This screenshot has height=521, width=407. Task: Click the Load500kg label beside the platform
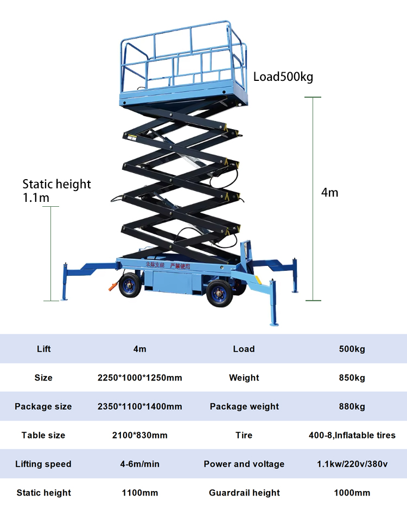click(x=283, y=77)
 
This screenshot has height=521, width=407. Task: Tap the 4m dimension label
click(x=329, y=192)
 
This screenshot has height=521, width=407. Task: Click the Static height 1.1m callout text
click(x=56, y=190)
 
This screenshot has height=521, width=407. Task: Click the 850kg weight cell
click(x=352, y=378)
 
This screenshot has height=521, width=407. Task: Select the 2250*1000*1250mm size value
click(x=139, y=378)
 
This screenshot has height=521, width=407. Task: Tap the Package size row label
click(x=43, y=406)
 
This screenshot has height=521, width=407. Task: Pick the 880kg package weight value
click(x=352, y=406)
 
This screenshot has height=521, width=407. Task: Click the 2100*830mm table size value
click(x=139, y=435)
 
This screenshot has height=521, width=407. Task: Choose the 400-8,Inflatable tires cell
click(x=352, y=435)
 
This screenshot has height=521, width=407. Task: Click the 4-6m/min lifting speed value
click(x=139, y=464)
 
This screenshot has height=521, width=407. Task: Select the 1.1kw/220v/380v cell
click(x=352, y=464)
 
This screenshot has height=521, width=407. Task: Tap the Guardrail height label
click(x=244, y=493)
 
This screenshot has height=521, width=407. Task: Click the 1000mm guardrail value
click(x=352, y=493)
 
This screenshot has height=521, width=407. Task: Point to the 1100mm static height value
click(x=139, y=493)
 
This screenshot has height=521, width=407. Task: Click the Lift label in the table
click(x=43, y=349)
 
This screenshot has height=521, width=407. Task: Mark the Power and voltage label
click(x=244, y=464)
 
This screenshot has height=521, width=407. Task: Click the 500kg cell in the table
click(x=352, y=349)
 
